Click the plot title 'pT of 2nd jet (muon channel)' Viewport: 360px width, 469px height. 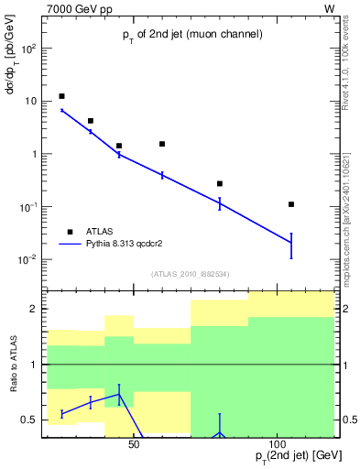tap(192, 35)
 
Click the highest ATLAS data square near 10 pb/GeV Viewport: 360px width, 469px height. tap(61, 96)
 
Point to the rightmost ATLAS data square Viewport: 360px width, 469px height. tap(291, 204)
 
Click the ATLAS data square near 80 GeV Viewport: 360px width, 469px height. tap(220, 183)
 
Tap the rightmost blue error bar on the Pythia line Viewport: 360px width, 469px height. tap(291, 245)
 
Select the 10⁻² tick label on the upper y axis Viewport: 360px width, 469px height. tap(27, 260)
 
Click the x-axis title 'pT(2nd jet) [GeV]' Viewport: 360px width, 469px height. tap(286, 456)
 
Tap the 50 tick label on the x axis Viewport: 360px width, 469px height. tap(134, 445)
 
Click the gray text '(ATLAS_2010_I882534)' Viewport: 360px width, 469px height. tap(189, 275)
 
